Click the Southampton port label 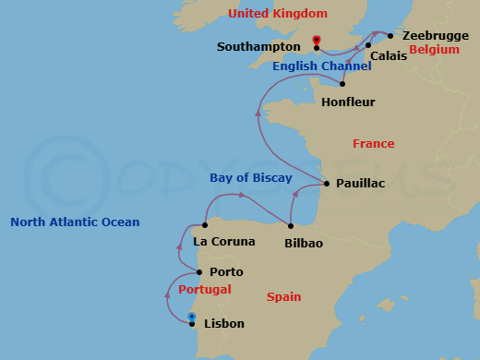(x=258, y=46)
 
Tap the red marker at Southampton (x=317, y=40)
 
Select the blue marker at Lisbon (x=192, y=317)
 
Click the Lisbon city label (x=223, y=324)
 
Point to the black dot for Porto (x=199, y=272)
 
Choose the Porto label (x=226, y=272)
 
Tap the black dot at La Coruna (x=205, y=224)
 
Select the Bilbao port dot (x=291, y=226)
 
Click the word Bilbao (x=304, y=243)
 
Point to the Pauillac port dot (x=326, y=184)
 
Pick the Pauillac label (x=360, y=184)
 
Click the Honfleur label (x=348, y=102)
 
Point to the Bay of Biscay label (x=251, y=177)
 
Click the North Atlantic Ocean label (x=75, y=222)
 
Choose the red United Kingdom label (x=278, y=13)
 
